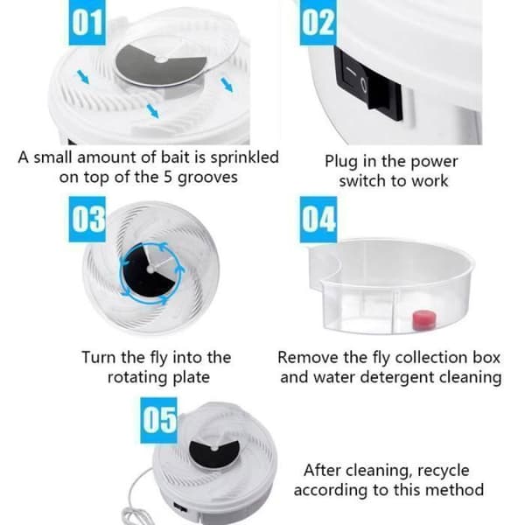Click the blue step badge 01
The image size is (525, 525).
87,22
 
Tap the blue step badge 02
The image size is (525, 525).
318,22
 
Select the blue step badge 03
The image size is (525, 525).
87,220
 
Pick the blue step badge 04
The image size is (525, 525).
318,220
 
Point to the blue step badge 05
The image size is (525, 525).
158,421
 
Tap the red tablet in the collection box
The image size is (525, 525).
424,319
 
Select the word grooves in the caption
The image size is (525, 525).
207,178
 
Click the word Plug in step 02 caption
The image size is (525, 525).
342,162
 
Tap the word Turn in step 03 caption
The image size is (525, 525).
100,358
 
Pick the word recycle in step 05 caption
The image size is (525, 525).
444,472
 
